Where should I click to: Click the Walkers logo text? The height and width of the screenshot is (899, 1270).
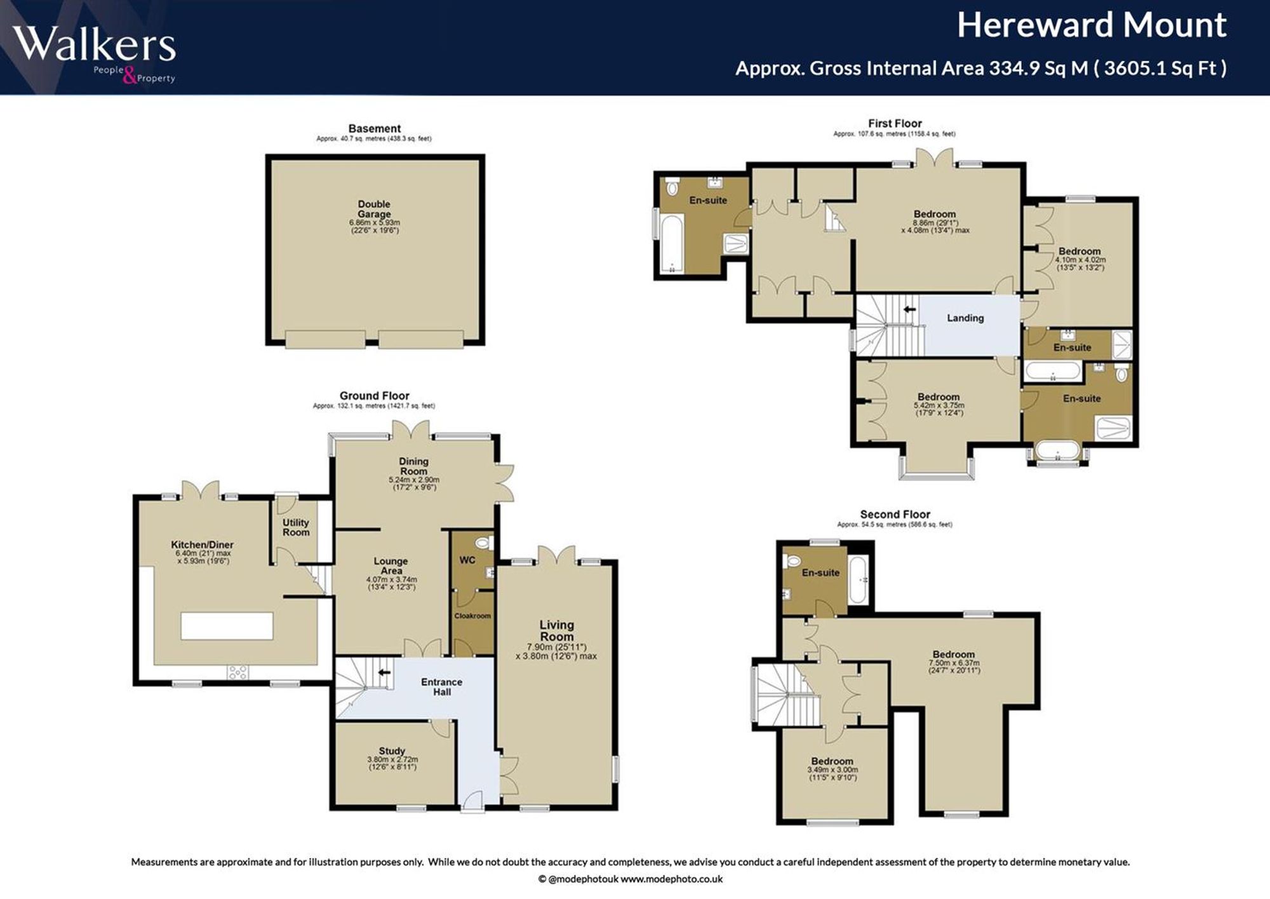[94, 44]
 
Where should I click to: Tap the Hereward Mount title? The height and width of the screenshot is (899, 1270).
[1092, 25]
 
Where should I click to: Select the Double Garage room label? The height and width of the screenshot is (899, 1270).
[374, 209]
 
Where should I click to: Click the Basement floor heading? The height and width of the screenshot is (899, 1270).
[375, 128]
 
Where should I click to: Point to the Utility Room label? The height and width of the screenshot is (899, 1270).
[296, 527]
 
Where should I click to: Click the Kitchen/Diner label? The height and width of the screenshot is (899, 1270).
[202, 544]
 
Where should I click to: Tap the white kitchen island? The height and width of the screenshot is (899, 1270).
[227, 626]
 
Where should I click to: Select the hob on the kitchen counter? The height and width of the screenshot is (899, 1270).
[237, 672]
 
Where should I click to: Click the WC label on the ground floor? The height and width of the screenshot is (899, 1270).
[467, 560]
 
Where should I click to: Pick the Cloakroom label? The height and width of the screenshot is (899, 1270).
[472, 616]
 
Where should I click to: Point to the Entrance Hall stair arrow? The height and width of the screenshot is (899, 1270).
[384, 672]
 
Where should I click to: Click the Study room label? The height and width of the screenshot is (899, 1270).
[392, 751]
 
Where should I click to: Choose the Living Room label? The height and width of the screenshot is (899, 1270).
[557, 631]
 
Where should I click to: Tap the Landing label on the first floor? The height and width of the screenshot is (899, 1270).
[965, 318]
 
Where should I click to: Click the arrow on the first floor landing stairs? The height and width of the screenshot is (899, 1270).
[909, 309]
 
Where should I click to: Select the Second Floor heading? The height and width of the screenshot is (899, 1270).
[895, 514]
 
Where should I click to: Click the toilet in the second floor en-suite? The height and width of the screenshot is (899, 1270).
[792, 561]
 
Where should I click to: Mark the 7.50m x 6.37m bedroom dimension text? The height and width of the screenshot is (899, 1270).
[954, 666]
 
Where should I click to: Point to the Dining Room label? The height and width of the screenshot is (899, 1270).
[413, 466]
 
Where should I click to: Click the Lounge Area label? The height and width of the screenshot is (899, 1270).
[391, 566]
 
